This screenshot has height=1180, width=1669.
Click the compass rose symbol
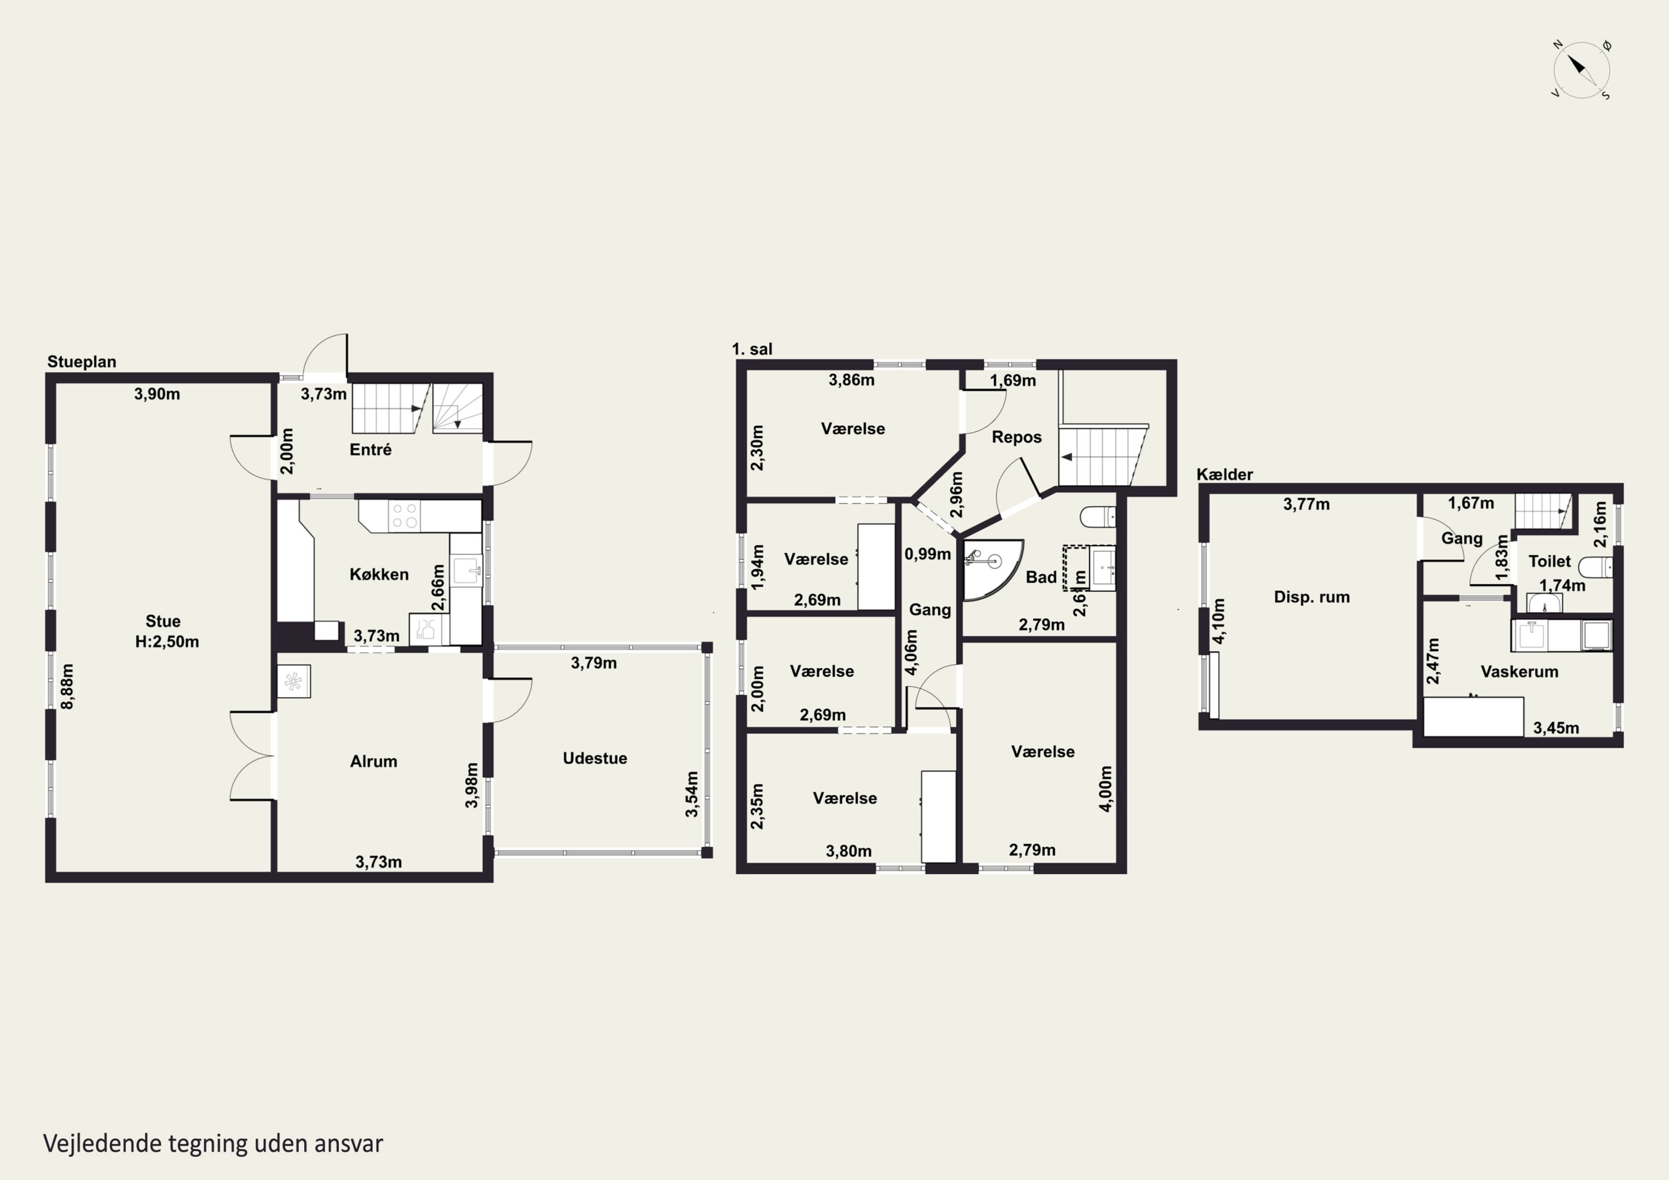[1581, 70]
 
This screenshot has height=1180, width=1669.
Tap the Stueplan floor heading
[81, 361]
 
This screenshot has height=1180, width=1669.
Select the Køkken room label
[379, 574]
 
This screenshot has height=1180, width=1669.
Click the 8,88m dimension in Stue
[67, 687]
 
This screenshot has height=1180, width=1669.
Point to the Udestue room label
[595, 758]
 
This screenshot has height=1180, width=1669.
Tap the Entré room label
[370, 450]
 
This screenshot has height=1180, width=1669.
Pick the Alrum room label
[374, 761]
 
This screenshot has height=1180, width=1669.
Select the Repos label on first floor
[1016, 437]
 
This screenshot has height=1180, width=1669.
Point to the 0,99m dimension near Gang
[927, 554]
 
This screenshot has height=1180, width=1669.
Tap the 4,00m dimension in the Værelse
[1105, 788]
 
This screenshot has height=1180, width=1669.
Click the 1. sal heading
[752, 349]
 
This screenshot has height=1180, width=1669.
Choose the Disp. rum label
[1311, 597]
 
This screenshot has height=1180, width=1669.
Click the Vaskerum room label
[1519, 672]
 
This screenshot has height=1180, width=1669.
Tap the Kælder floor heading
[1225, 475]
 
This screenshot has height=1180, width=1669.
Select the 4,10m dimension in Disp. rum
[1219, 621]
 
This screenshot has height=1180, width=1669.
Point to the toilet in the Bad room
[1098, 517]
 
